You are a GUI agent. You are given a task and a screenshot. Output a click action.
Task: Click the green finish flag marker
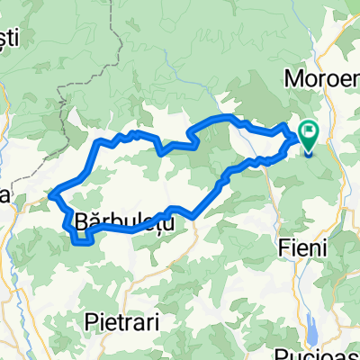309,135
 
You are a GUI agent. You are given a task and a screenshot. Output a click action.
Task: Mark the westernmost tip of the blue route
50,192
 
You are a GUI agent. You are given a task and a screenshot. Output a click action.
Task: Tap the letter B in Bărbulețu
83,220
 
